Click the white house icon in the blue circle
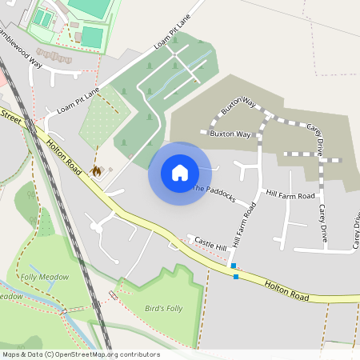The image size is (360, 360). (179, 173)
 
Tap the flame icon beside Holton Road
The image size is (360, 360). (97, 170)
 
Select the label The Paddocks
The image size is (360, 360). (214, 193)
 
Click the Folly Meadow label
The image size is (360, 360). (41, 277)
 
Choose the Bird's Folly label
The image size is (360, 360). (163, 308)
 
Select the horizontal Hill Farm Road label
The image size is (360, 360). (291, 194)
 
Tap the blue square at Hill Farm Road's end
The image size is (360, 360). (233, 266)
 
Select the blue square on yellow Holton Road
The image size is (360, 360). (236, 278)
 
